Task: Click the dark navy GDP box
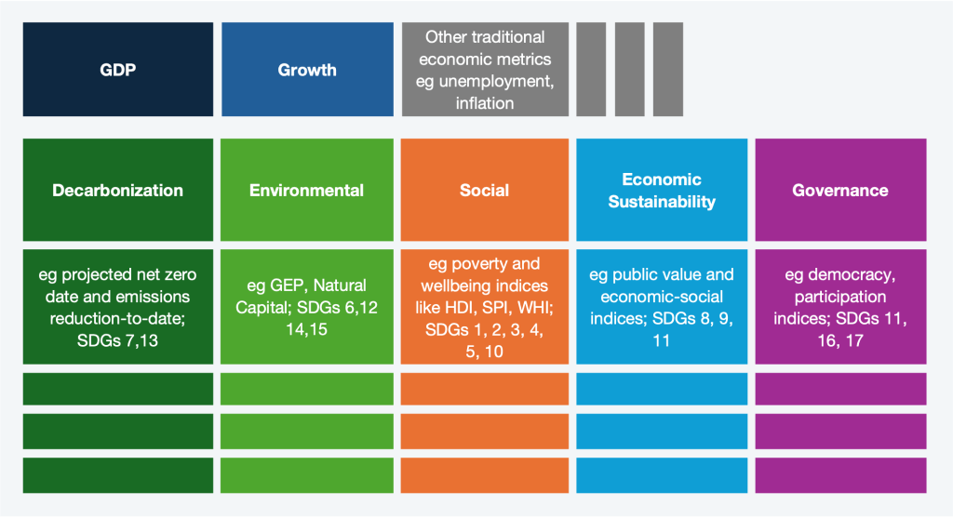point(118,70)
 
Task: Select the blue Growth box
point(307,70)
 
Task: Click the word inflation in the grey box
point(485,103)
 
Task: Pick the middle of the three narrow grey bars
point(629,70)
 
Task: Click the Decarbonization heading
point(118,190)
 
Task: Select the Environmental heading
point(306,190)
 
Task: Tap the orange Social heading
point(484,190)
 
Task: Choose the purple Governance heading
point(840,190)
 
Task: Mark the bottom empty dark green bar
point(118,474)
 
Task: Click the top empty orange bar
point(484,388)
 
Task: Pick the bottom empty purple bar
point(840,474)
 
